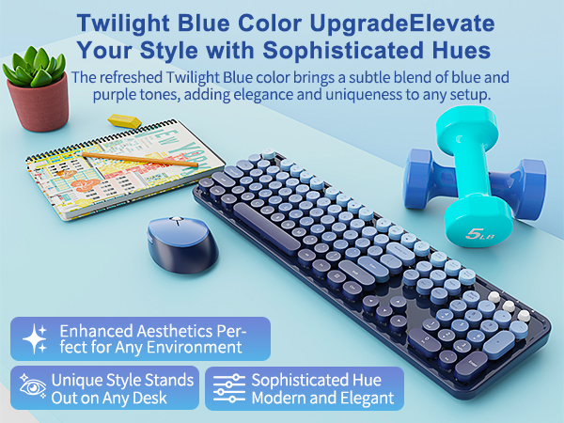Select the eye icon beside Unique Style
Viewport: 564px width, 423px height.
click(x=31, y=387)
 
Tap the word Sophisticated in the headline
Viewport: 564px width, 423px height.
click(x=339, y=47)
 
